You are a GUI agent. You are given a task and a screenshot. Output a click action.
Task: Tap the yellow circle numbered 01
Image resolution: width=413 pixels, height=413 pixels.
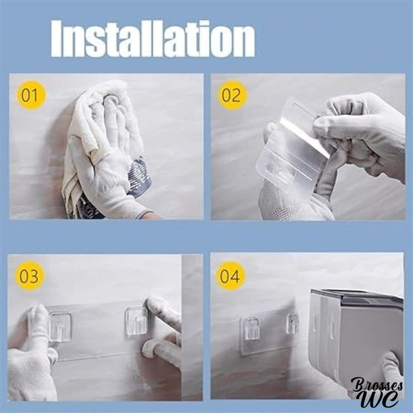(31, 95)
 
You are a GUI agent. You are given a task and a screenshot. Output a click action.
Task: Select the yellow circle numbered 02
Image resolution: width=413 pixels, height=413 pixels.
(232, 95)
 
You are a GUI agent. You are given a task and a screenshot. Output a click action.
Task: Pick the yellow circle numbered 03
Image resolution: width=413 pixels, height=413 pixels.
(29, 276)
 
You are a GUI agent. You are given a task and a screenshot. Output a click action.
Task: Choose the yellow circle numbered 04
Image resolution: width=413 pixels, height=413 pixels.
(230, 276)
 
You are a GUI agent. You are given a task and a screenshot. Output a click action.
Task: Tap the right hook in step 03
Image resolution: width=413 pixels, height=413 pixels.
(136, 322)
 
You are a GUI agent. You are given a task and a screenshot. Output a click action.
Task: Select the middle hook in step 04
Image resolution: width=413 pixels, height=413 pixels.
(292, 324)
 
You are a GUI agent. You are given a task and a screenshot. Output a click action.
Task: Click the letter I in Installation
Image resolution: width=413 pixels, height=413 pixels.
(57, 39)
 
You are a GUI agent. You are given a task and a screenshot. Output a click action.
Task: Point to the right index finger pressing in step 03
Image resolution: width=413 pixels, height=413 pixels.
(163, 311)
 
